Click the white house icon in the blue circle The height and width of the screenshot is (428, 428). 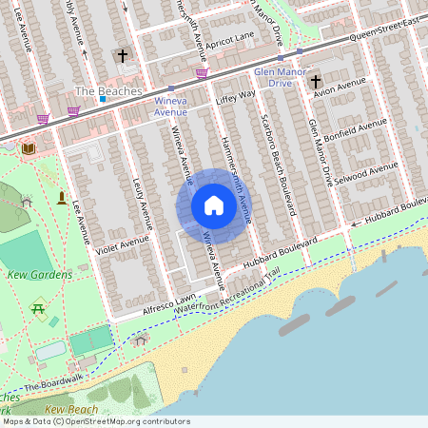click(214, 204)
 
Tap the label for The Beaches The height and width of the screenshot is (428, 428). click(108, 91)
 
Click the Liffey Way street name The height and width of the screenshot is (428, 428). click(237, 96)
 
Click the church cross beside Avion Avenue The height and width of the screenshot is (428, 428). click(316, 82)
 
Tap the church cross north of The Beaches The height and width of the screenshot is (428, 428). click(122, 56)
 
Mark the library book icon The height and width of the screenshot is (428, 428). click(28, 148)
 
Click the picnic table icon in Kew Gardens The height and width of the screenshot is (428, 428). click(39, 308)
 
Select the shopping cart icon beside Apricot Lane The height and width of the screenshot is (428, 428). click(202, 71)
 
